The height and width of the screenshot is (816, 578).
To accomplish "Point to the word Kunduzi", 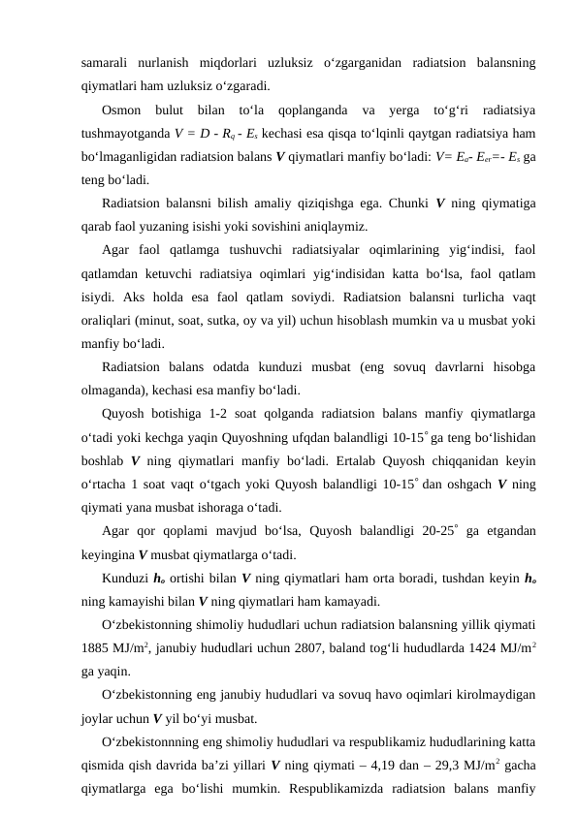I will point(122,579).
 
